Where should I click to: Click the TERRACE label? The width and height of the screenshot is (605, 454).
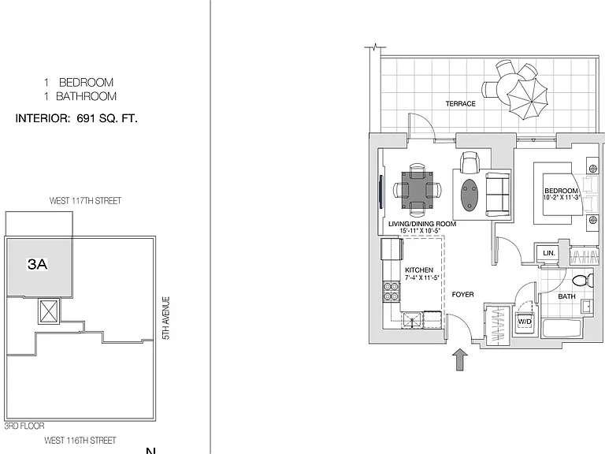point(460,103)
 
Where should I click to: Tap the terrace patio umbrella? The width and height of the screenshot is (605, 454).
point(528,99)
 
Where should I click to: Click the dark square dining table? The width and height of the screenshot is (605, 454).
point(417,189)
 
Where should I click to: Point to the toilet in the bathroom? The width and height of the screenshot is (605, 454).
point(583,280)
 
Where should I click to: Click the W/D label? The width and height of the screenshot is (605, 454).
point(525,322)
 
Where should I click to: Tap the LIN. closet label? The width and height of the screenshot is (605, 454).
point(548,253)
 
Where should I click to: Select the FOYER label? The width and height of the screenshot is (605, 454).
point(462,295)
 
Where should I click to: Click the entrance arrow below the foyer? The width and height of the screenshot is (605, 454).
point(459,359)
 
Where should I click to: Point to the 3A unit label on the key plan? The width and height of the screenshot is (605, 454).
point(38,264)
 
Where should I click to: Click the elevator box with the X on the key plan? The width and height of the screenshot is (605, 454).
point(49,311)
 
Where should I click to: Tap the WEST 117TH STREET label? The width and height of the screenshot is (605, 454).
point(85,201)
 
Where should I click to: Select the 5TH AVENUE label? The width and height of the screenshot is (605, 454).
point(166,318)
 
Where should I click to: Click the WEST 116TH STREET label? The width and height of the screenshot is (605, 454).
point(80,441)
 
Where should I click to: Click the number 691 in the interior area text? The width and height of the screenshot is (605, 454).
point(86,118)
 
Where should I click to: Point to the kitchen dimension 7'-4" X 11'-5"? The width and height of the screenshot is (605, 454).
point(422,277)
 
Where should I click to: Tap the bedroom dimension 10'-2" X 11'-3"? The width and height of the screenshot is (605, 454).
point(562,197)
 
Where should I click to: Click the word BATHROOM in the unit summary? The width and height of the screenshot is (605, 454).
point(87,96)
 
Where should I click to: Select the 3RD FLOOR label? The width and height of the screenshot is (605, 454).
point(24,426)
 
